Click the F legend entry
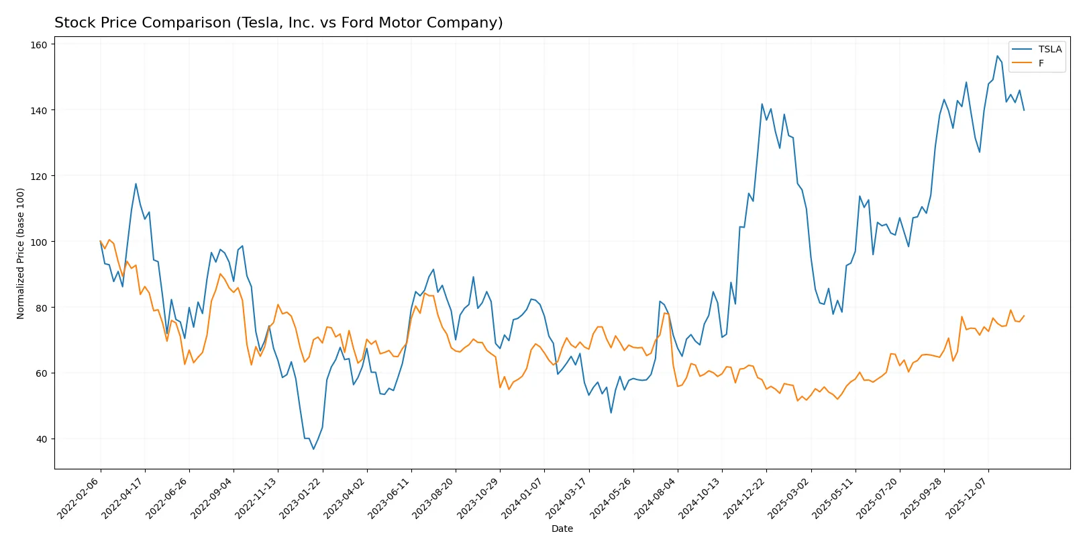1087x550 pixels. (x=1041, y=63)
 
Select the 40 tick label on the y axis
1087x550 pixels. (x=41, y=439)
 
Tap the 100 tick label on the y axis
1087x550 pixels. (x=39, y=242)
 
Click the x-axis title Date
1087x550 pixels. (x=562, y=529)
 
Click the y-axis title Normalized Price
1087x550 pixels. (x=20, y=253)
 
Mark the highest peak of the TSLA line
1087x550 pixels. (x=997, y=56)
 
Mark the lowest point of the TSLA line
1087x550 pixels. (x=313, y=449)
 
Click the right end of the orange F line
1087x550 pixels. (x=1024, y=316)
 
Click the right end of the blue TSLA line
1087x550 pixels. (x=1024, y=110)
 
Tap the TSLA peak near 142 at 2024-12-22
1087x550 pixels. (x=762, y=104)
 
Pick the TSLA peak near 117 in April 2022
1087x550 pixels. (x=136, y=184)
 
